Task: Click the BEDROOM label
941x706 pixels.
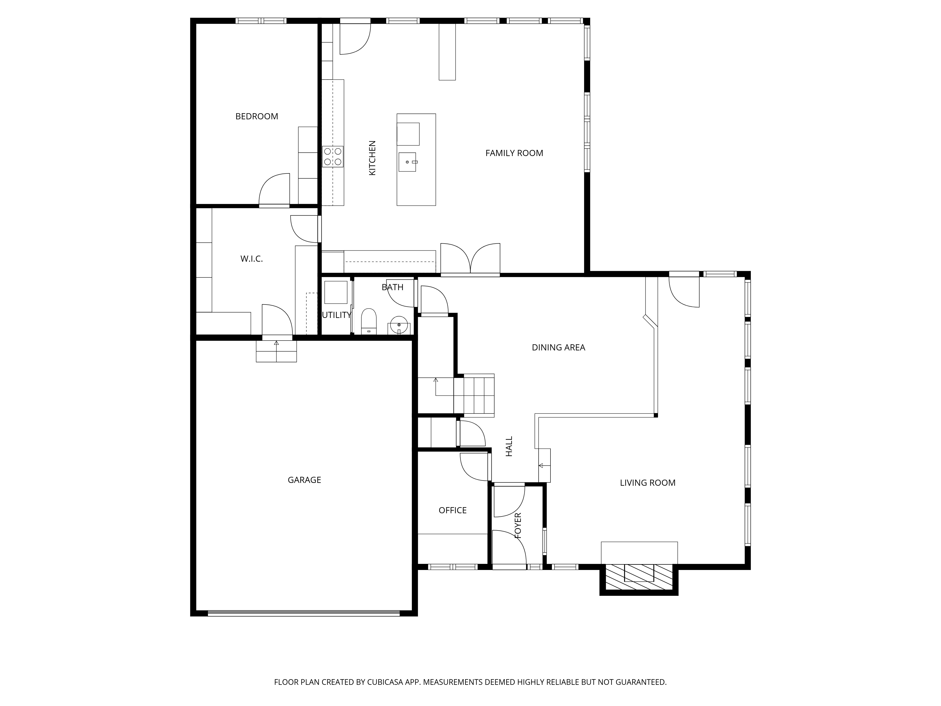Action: (256, 116)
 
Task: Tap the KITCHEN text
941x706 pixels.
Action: (372, 158)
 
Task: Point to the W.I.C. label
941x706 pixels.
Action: (251, 259)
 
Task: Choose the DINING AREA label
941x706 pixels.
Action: (558, 347)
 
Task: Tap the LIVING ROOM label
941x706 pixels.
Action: (647, 483)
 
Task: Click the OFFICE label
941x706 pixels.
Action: (453, 510)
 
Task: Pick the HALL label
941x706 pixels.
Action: (509, 446)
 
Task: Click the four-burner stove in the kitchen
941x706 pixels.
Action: (333, 156)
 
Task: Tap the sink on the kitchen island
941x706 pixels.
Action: (407, 162)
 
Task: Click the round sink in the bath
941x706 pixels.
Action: (399, 325)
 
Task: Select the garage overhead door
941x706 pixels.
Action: (304, 613)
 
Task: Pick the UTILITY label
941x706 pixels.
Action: (336, 315)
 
